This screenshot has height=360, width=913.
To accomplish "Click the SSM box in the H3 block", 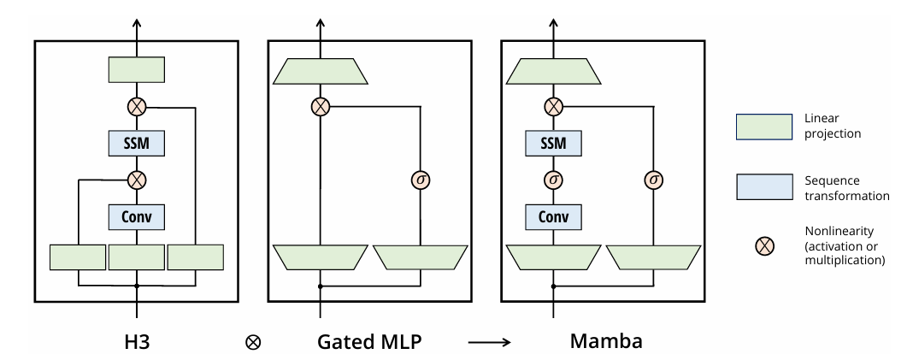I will (136, 144).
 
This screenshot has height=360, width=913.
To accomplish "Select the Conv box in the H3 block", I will (136, 217).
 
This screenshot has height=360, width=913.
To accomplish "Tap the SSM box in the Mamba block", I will (554, 144).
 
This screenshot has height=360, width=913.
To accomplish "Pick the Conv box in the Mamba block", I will (554, 217).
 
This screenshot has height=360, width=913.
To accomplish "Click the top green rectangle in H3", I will (136, 69).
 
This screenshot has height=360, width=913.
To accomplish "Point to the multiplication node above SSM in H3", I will (136, 108).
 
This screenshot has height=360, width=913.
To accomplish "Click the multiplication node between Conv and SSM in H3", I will (136, 180).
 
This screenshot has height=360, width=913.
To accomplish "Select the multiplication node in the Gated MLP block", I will (320, 108).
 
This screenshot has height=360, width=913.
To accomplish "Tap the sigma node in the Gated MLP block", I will (420, 180).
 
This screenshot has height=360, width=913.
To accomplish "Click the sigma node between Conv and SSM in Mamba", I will (554, 180).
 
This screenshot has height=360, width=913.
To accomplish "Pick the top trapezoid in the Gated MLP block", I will (320, 71).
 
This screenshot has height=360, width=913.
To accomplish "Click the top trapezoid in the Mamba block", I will (554, 71).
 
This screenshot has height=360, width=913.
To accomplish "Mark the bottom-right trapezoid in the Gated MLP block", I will (420, 256).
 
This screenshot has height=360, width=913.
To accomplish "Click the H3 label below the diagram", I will (136, 339).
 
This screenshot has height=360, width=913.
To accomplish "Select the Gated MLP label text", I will (369, 339).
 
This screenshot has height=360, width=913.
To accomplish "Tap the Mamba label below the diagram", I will (606, 339).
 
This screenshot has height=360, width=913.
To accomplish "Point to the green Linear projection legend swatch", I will (763, 127).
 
